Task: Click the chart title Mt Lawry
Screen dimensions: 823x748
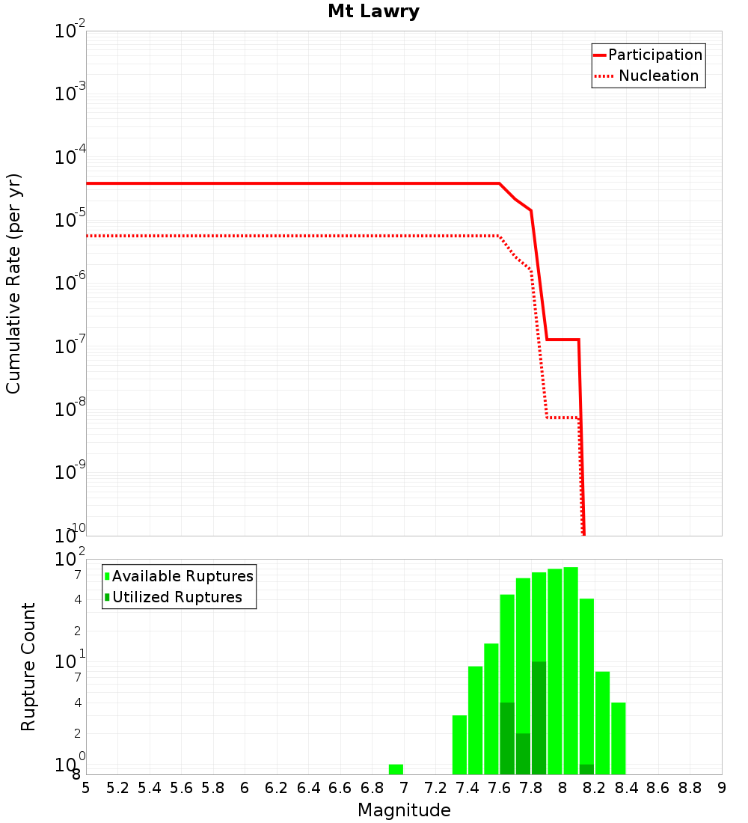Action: [x=373, y=11]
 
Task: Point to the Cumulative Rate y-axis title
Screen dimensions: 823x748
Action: [x=13, y=283]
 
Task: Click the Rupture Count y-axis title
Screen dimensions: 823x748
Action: [x=28, y=666]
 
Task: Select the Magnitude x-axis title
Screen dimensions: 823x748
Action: [x=404, y=810]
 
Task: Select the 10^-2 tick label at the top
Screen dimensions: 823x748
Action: [x=70, y=31]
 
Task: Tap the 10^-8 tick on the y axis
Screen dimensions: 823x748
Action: [x=70, y=410]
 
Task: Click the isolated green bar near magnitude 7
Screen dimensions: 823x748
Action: [x=396, y=769]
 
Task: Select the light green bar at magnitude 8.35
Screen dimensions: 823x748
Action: [x=618, y=738]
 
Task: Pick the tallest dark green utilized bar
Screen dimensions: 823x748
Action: [x=539, y=717]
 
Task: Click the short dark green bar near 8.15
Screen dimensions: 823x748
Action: [x=586, y=769]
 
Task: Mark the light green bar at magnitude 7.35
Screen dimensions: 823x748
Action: [x=459, y=744]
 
